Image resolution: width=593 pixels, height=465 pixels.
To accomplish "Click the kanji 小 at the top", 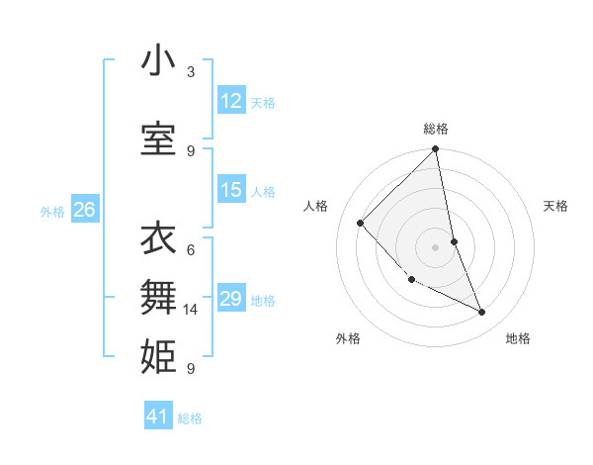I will pos(157,61).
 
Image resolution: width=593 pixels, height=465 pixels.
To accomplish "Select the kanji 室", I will pos(157,139).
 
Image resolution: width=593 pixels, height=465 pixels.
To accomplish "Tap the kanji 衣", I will pos(157,239).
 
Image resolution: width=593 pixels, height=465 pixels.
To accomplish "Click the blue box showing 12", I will pos(231,100).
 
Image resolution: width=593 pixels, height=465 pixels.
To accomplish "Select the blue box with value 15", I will pos(231,190).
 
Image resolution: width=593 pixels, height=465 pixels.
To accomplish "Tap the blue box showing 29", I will pos(231,299).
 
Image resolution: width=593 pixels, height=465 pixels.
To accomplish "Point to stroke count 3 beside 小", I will pos(191,72).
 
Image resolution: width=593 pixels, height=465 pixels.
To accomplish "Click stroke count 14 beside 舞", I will pos(192,310).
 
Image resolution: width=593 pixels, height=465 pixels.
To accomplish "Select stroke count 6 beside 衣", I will pos(191,249).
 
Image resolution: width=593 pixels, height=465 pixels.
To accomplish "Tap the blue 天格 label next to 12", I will pos(263,102).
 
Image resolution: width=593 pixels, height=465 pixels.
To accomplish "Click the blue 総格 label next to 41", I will pos(190,418).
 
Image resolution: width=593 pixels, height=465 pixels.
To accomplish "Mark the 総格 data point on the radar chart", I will pos(436,149).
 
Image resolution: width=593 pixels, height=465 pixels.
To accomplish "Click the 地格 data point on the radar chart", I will pos(482,312).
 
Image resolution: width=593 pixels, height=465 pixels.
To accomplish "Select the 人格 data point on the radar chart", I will pos(361,223).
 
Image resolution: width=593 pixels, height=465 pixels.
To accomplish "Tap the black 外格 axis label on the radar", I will pos(348,338).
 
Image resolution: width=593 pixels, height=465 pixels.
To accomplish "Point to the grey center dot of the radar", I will pos(436,246).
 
